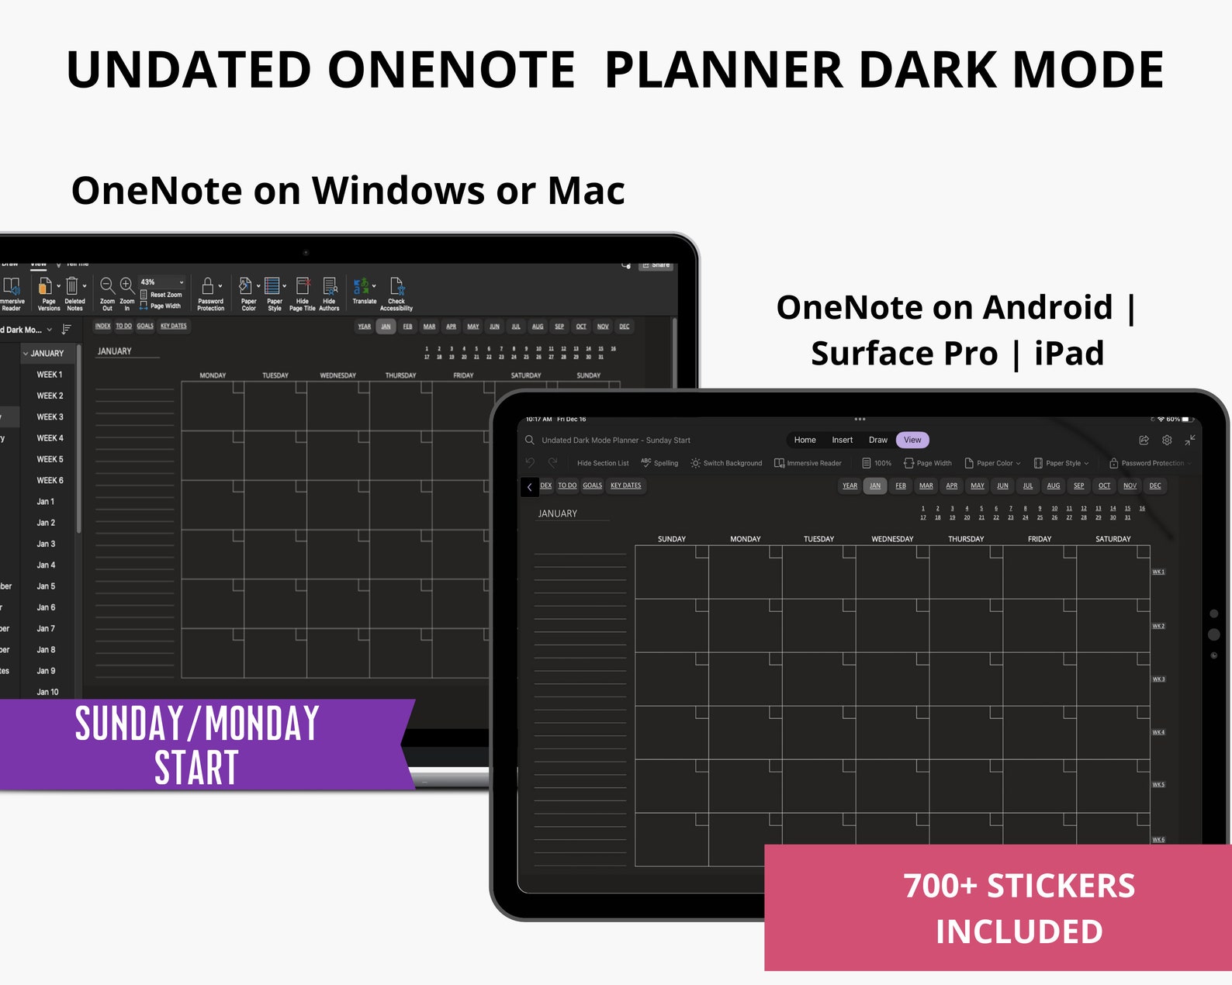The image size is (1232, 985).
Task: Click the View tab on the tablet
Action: (912, 440)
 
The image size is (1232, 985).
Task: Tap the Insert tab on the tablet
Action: (842, 440)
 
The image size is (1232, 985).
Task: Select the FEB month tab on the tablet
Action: (900, 486)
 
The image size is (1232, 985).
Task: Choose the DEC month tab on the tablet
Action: (1155, 486)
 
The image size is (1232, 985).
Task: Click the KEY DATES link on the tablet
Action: (625, 486)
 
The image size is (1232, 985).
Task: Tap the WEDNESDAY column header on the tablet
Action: (892, 539)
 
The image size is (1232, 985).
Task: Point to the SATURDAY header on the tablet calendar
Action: (1113, 539)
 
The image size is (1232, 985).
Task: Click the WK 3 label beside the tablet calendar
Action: (1158, 679)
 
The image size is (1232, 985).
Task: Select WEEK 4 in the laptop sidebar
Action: (50, 438)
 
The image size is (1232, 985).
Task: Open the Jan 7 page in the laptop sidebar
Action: (46, 629)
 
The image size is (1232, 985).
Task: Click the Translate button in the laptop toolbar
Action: (363, 291)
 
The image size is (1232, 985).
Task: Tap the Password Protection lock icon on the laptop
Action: (208, 286)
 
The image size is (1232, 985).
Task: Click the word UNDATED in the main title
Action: (189, 70)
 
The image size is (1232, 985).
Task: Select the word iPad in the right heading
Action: (1068, 354)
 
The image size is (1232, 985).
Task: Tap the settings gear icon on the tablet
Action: (1167, 440)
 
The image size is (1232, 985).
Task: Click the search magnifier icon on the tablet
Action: (530, 440)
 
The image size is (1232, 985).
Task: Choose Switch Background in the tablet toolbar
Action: (726, 463)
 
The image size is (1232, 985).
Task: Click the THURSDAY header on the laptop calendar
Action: (400, 375)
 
